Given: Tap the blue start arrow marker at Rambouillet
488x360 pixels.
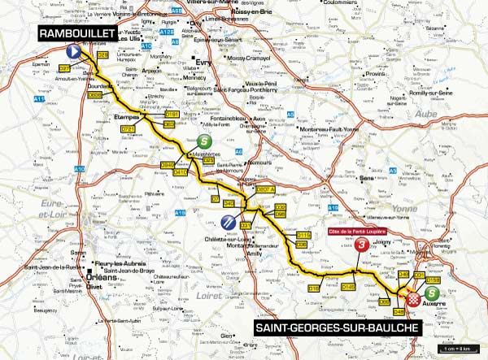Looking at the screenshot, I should pos(72,51).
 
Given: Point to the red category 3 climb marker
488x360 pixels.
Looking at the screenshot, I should pos(361,245).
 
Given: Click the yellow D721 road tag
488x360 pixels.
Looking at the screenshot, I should pos(128,128).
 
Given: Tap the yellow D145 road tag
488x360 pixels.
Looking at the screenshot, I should pos(349,286).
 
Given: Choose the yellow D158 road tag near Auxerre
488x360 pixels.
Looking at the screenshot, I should pos(434,280).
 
